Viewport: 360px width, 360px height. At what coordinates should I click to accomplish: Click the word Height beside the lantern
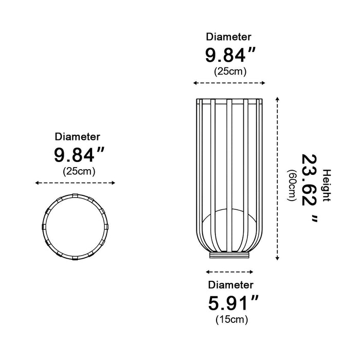[327, 186]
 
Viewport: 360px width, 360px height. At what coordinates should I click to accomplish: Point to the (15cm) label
[231, 319]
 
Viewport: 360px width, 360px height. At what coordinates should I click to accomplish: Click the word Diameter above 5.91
[231, 285]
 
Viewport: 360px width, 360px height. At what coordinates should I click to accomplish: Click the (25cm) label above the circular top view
[79, 171]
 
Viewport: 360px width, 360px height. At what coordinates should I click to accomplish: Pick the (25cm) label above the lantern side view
[230, 71]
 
